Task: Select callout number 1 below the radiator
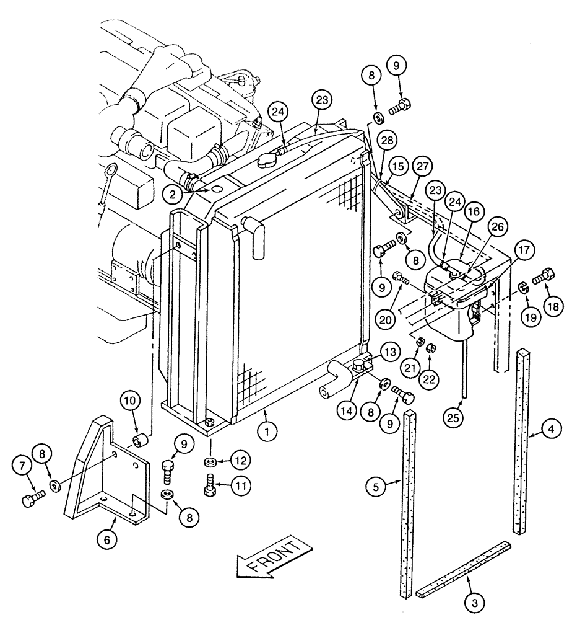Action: pos(267,432)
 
